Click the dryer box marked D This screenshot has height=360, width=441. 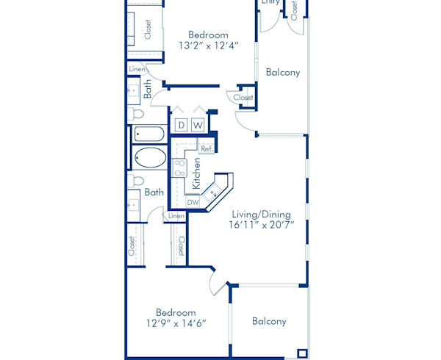181,126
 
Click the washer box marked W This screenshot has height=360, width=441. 198,126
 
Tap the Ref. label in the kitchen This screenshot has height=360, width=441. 207,148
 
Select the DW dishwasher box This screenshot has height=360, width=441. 193,202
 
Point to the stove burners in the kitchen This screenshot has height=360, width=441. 179,168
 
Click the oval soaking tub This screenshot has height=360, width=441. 151,158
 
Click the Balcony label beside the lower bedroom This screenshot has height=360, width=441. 269,321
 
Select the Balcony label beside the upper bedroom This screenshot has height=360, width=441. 283,72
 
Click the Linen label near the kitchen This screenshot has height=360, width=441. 176,216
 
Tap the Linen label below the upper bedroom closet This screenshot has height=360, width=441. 137,69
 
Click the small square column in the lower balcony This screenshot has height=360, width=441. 301,352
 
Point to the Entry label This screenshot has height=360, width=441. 270,3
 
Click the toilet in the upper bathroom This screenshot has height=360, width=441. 137,113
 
